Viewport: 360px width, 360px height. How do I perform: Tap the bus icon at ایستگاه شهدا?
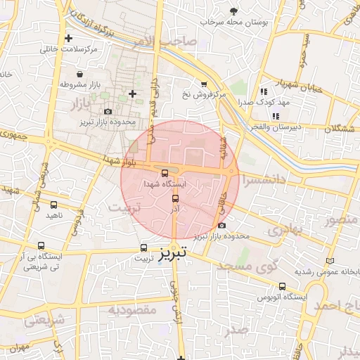click(165, 172)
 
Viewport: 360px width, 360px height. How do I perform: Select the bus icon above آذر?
click(176, 198)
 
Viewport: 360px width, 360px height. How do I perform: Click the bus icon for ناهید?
click(53, 205)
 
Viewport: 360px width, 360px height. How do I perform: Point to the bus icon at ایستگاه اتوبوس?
click(283, 287)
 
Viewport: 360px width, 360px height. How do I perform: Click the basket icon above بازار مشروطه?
click(80, 73)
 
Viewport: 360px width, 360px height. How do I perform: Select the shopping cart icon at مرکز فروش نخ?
click(204, 84)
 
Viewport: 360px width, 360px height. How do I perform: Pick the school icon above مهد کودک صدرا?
click(264, 91)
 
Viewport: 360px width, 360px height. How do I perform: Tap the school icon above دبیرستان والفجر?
click(276, 115)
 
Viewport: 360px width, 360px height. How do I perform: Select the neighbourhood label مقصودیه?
click(132, 309)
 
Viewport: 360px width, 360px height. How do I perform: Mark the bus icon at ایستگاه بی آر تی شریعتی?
click(41, 247)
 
